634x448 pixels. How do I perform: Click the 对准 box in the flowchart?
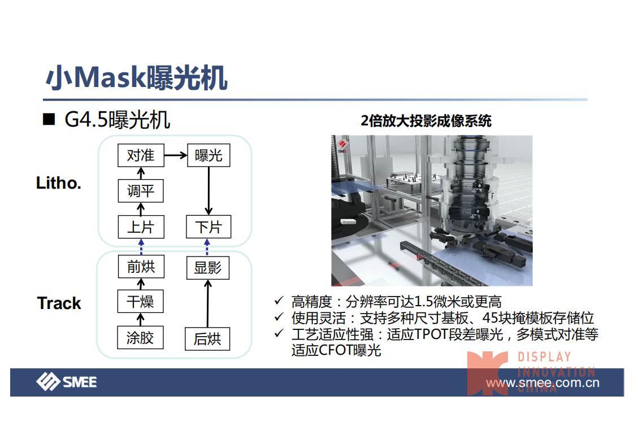pyautogui.click(x=141, y=155)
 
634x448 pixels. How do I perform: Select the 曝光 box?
pyautogui.click(x=209, y=155)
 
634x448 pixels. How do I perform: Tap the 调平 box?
pyautogui.click(x=141, y=191)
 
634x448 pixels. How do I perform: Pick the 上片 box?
pyautogui.click(x=141, y=227)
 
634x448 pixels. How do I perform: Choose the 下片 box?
pyautogui.click(x=209, y=227)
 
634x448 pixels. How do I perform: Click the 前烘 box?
pyautogui.click(x=141, y=267)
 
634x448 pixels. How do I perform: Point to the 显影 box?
pyautogui.click(x=208, y=268)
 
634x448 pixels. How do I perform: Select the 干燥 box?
pyautogui.click(x=140, y=301)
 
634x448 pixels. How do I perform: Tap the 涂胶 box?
pyautogui.click(x=140, y=338)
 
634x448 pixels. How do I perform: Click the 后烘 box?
pyautogui.click(x=207, y=339)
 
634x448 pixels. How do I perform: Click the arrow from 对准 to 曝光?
pyautogui.click(x=176, y=155)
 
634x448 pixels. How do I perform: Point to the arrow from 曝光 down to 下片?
pyautogui.click(x=209, y=191)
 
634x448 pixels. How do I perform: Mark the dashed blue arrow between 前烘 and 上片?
pyautogui.click(x=141, y=247)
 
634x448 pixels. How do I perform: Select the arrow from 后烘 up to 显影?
pyautogui.click(x=208, y=303)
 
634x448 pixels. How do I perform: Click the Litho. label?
pyautogui.click(x=59, y=183)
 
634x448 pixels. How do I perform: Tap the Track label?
pyautogui.click(x=59, y=303)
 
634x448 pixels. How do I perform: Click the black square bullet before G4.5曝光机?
pyautogui.click(x=49, y=120)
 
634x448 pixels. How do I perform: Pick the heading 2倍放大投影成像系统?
pyautogui.click(x=426, y=121)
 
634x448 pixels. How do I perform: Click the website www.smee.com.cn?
pyautogui.click(x=542, y=382)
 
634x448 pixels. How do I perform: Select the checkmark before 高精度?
pyautogui.click(x=279, y=301)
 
